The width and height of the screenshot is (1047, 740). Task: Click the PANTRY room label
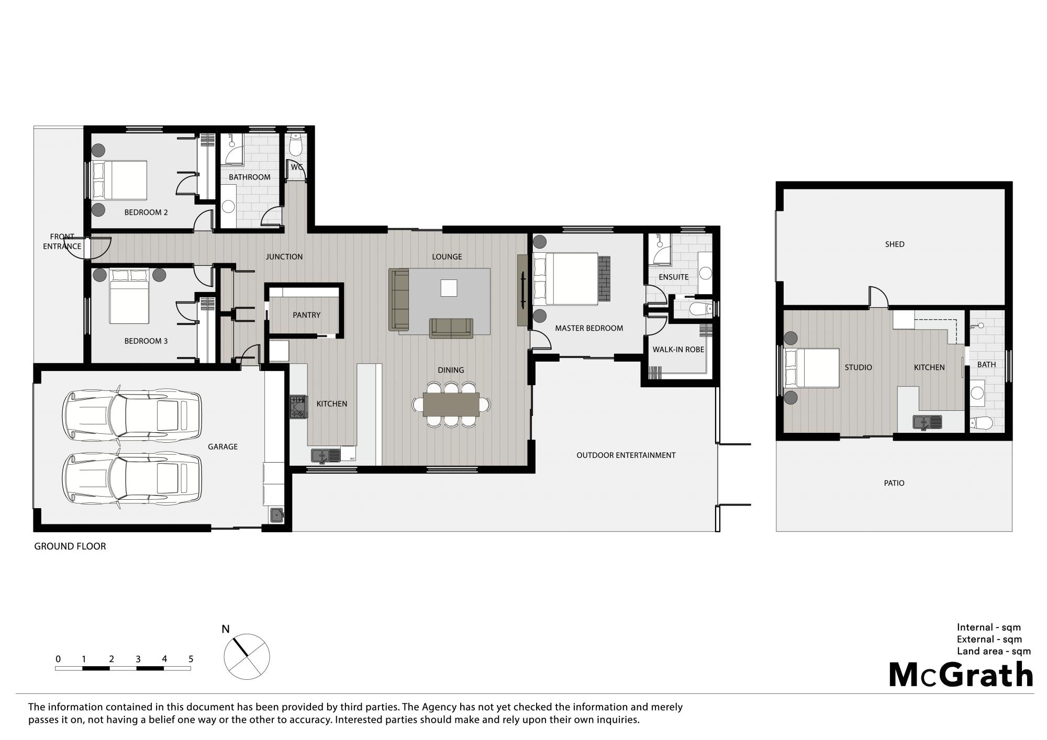(306, 315)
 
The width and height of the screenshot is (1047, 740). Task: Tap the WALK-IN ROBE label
(678, 350)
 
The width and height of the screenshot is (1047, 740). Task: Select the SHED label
(895, 244)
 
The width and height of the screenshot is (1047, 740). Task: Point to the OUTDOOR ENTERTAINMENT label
(626, 455)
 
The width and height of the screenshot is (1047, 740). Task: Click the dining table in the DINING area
(451, 404)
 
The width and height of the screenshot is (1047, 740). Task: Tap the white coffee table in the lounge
(449, 288)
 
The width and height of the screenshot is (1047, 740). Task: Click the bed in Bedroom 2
(119, 180)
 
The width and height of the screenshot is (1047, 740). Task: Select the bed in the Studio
(811, 368)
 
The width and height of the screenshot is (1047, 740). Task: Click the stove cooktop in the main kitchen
(298, 407)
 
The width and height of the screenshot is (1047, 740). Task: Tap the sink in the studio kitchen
(927, 422)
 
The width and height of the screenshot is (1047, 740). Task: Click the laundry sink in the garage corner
(277, 515)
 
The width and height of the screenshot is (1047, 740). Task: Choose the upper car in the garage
(131, 415)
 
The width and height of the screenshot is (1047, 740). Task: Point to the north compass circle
(247, 657)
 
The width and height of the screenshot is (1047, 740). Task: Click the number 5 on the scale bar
(191, 659)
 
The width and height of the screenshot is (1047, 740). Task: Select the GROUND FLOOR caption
(70, 546)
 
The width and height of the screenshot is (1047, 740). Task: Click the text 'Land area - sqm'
(994, 652)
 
